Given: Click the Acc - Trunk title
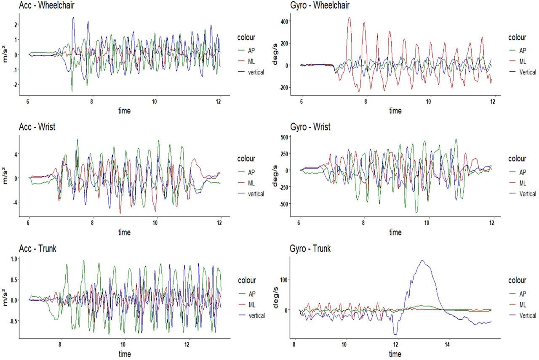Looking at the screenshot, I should point(37,248).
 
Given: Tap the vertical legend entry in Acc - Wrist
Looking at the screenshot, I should point(256,194).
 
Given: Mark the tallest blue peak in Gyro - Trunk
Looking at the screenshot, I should point(422,261).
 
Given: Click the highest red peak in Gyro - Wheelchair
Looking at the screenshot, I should point(349,18).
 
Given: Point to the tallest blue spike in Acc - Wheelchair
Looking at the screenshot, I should point(73,18).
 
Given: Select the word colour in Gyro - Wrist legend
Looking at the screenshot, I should point(517,159).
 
